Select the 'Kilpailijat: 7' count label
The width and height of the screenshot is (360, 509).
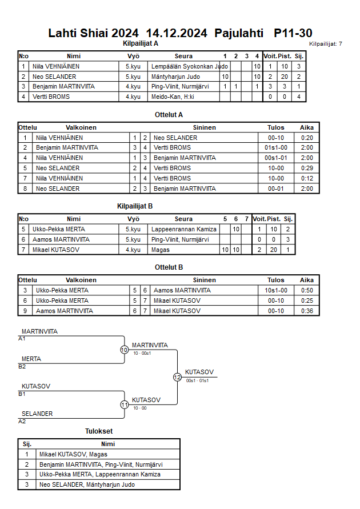326,44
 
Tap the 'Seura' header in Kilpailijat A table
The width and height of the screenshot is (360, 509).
183,56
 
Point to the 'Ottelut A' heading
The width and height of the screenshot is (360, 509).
169,115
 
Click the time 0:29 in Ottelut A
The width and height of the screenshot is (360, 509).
307,169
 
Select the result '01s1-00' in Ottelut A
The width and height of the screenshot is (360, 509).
275,148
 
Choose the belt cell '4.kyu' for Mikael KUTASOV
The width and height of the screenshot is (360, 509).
133,250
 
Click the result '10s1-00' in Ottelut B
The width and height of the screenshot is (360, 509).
275,290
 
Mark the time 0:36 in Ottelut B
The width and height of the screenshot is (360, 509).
307,311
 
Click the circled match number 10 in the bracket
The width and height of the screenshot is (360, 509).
125,350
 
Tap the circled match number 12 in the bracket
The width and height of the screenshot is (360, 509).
177,377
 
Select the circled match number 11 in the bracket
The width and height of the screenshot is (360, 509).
125,404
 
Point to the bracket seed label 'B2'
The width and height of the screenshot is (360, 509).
22,366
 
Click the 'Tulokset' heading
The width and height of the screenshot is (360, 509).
99,432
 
